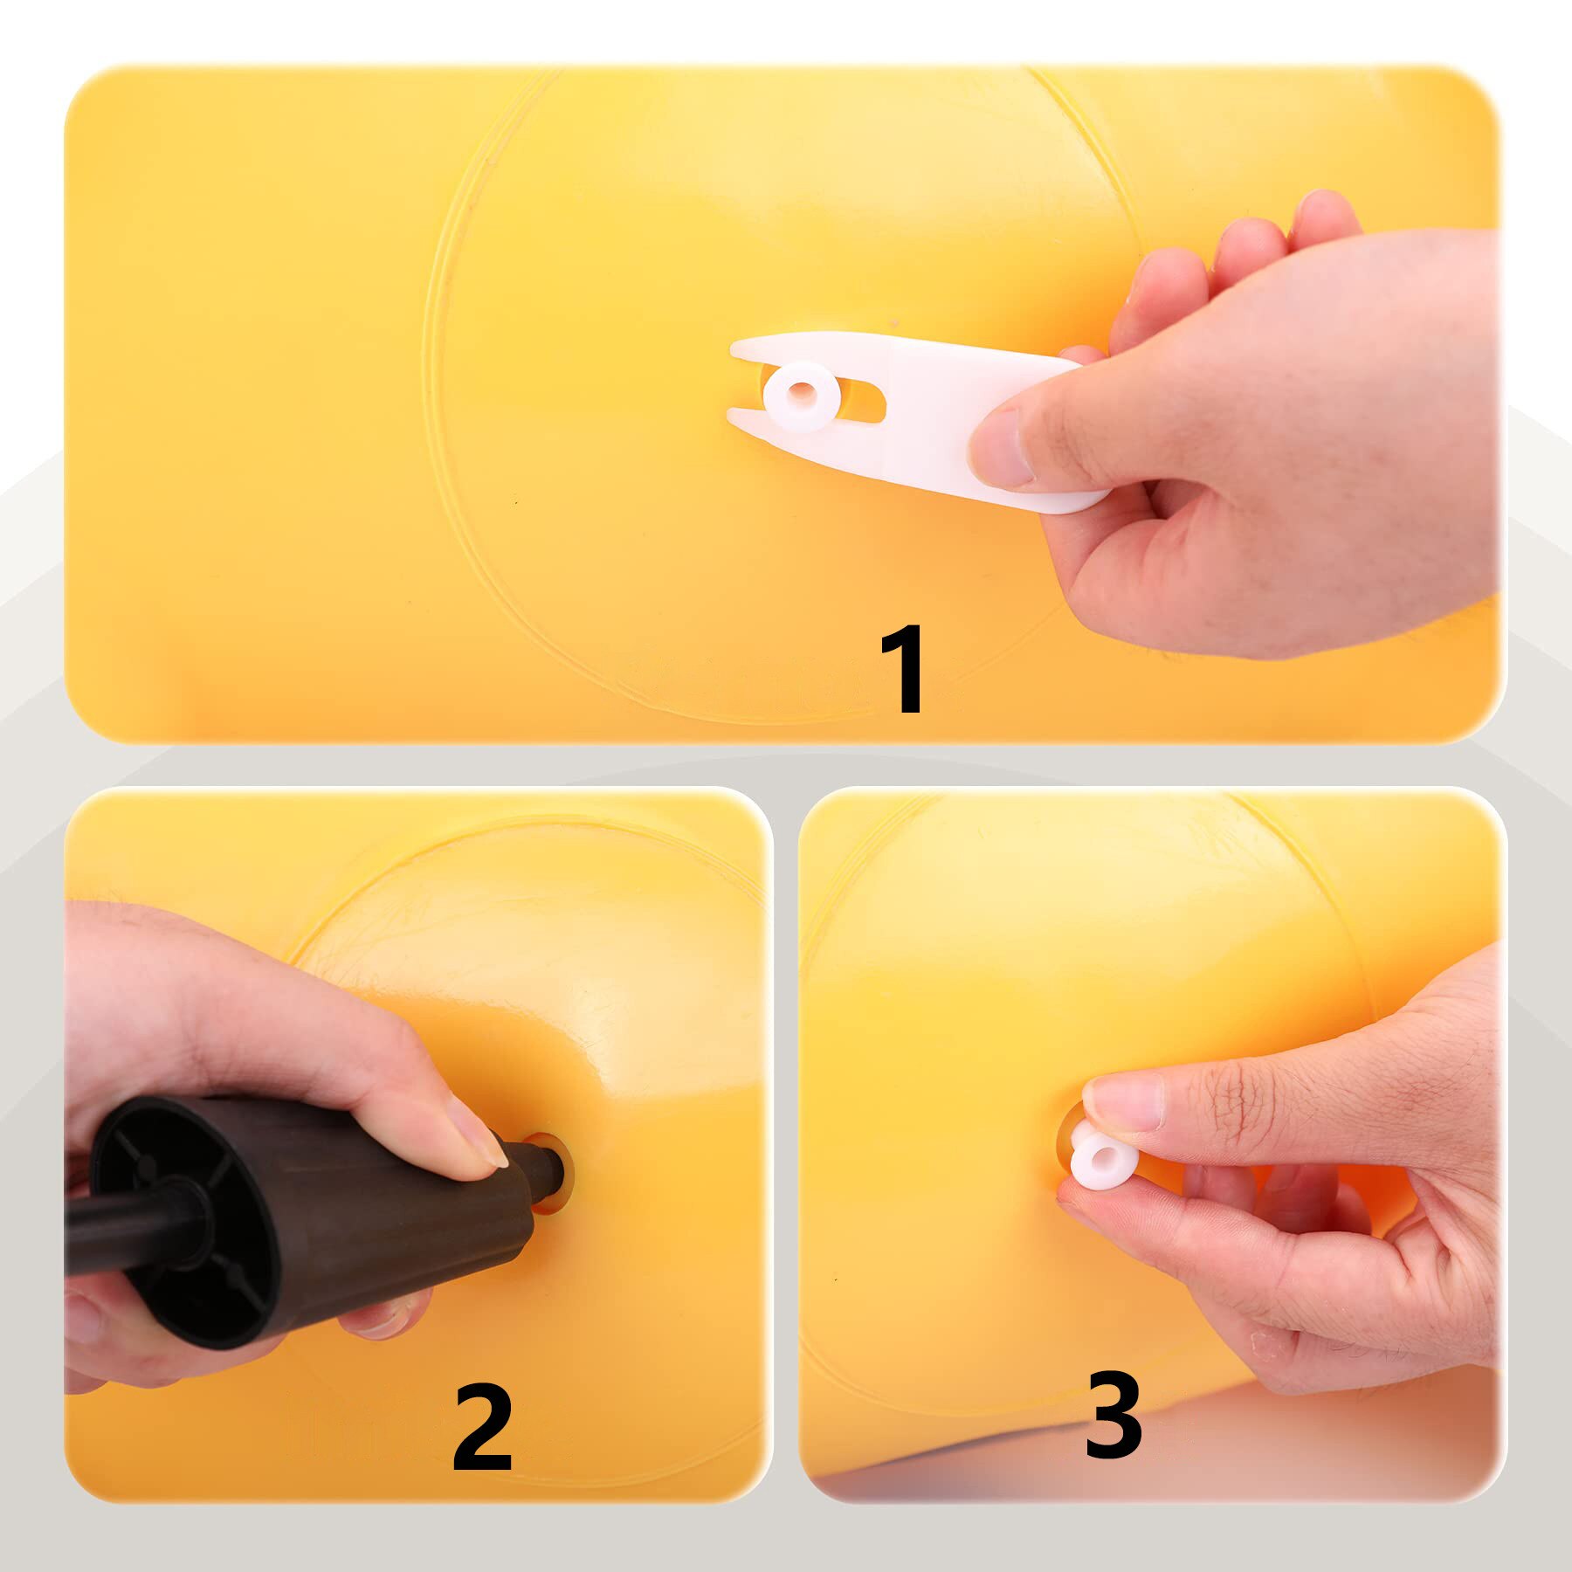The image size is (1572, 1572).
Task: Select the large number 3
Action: tap(1113, 1415)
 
